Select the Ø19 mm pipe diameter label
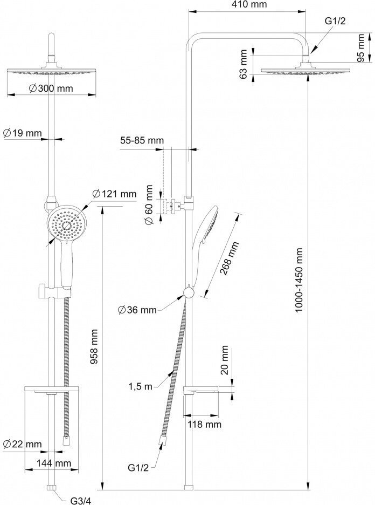point(22,133)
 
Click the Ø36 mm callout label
point(137,310)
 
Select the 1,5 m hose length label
point(140,386)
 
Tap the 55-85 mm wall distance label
point(142,141)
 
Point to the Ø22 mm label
point(22,444)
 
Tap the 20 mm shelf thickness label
point(225,360)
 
